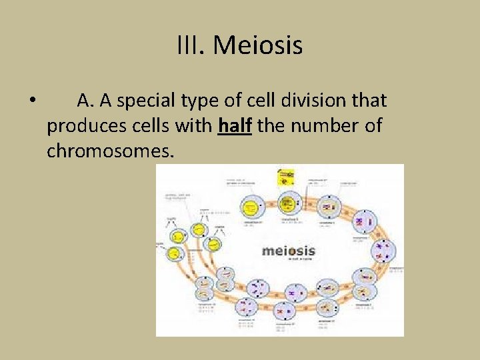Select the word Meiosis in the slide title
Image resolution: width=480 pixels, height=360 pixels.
click(x=258, y=46)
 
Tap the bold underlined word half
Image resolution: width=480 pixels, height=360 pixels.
click(x=235, y=125)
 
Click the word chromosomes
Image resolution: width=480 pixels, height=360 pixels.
click(x=110, y=151)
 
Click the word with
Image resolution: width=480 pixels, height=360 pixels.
click(x=195, y=125)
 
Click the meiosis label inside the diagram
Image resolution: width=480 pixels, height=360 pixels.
click(x=288, y=251)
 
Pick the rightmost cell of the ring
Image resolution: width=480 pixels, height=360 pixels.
click(x=385, y=251)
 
